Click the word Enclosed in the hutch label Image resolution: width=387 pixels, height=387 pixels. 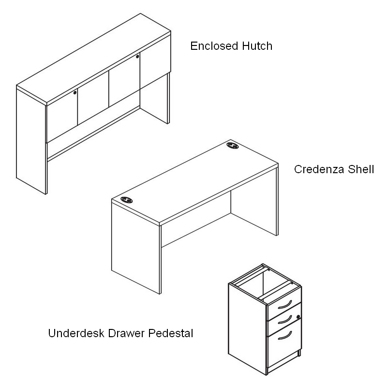click(214, 46)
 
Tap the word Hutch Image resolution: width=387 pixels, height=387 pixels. click(257, 46)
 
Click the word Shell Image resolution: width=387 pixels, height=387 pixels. click(361, 170)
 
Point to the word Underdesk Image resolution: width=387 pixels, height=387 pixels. click(76, 333)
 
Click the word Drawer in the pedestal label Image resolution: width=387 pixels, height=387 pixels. click(126, 333)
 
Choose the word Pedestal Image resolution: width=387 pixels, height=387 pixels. click(171, 333)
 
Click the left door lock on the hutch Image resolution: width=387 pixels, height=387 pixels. click(75, 93)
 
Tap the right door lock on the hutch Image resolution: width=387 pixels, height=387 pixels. click(137, 57)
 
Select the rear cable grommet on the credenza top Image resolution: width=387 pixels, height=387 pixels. click(233, 146)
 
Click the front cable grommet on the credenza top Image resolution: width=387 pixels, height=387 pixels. click(127, 200)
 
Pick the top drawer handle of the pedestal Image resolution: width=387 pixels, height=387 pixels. click(285, 305)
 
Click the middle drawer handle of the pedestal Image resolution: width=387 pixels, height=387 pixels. click(285, 320)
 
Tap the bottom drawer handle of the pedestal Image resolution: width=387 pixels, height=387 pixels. click(285, 336)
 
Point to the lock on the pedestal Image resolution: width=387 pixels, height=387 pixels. click(298, 317)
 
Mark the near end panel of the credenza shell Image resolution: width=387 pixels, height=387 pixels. click(135, 248)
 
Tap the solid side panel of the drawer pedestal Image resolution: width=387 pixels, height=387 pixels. click(247, 329)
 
